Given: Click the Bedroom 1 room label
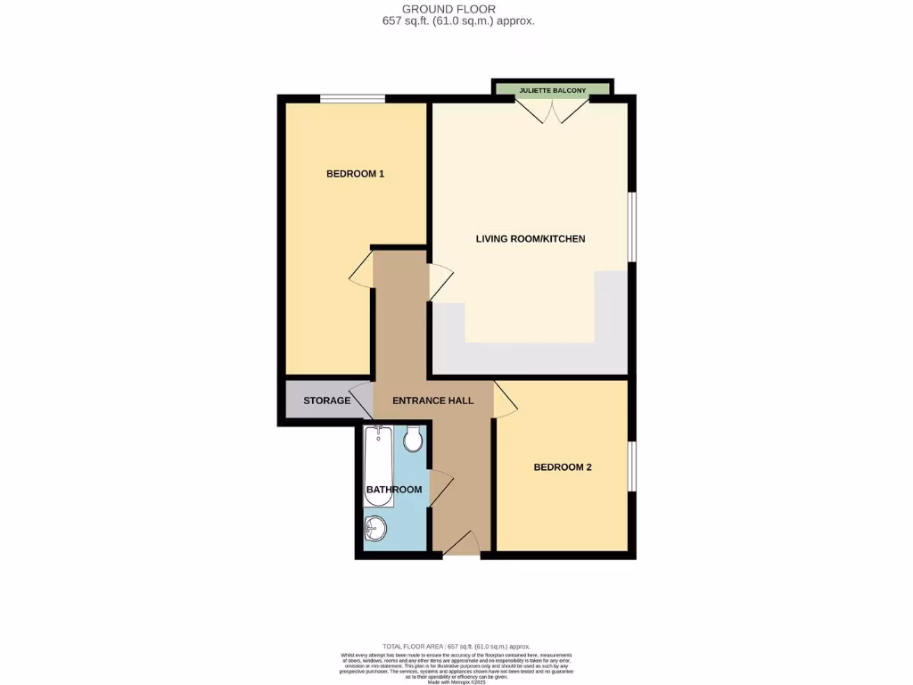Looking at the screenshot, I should pos(355,174).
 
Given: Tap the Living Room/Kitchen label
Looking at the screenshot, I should pos(531,239).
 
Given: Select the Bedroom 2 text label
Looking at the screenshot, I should pos(563,467).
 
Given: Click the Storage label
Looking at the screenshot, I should pos(326,400).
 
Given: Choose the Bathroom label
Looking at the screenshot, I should pos(394,490).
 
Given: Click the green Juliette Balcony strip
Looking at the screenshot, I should pos(553,89).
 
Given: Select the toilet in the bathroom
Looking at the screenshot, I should pos(413,439).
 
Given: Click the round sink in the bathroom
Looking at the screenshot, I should pos(375,529).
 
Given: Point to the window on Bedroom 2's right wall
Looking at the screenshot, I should pos(632,466).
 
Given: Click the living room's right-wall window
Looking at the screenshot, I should pos(632,227).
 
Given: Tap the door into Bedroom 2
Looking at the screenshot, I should pos(505,400).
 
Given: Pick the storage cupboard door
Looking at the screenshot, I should pos(361,399).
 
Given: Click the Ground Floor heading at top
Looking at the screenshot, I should pos(456,9).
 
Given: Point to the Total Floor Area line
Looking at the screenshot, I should pos(456,646).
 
